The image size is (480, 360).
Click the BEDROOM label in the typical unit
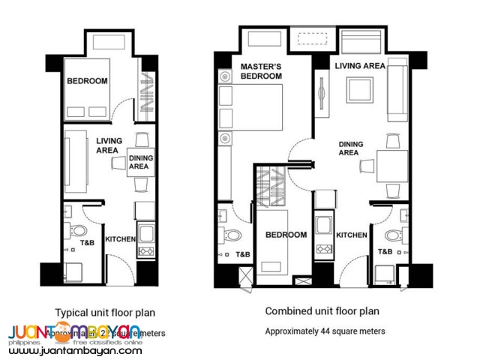point(87,81)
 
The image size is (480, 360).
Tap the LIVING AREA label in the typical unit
point(109,145)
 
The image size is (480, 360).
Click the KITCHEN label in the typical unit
point(120,240)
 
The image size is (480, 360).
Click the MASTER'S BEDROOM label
point(260,71)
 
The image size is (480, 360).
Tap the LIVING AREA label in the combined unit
point(360,66)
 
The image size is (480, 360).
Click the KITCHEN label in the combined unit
point(352,235)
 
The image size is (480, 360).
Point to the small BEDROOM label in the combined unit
point(286,235)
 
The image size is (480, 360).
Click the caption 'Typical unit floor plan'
point(105,311)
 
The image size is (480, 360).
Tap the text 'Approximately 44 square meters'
point(325,331)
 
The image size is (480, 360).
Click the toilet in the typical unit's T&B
point(78,229)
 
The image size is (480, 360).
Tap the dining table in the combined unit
point(391,165)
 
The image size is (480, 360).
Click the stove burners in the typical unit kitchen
point(145,252)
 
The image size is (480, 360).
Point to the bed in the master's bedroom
point(251,114)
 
